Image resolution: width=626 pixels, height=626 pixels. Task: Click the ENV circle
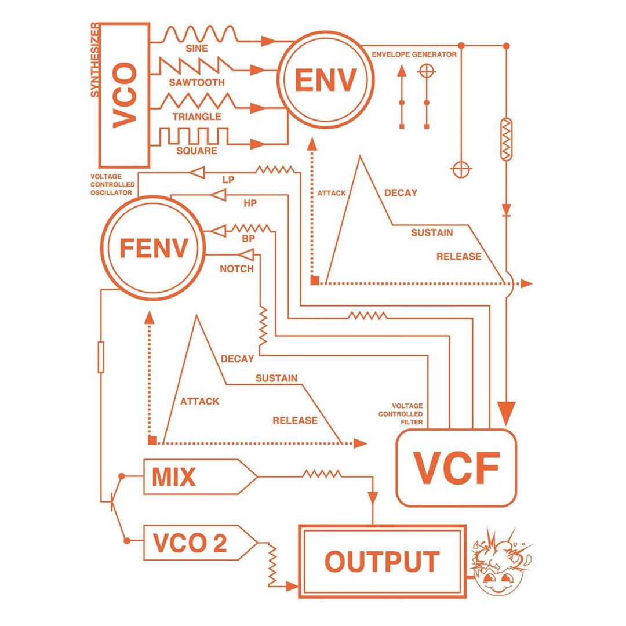pos(325,81)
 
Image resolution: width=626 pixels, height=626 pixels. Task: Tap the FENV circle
pos(154,248)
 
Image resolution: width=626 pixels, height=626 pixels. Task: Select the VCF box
pos(456,467)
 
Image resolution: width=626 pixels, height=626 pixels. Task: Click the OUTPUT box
pos(382,561)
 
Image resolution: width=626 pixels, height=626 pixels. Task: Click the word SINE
pos(197,48)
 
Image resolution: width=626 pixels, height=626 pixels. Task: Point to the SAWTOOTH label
pos(197,82)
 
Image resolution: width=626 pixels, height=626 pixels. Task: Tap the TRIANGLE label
pos(197,117)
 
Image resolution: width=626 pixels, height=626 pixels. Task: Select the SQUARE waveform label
pos(197,151)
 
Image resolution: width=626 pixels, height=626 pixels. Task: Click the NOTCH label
pos(236,269)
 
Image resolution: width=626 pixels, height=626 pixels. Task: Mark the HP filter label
pos(250,203)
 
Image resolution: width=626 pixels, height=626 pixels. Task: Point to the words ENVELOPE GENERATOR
pos(414,54)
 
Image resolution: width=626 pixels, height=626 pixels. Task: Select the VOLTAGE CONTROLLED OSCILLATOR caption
pos(112,184)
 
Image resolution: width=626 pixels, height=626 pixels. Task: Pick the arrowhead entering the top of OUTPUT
pos(373,498)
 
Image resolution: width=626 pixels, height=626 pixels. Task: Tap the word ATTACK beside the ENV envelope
pos(332,193)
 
